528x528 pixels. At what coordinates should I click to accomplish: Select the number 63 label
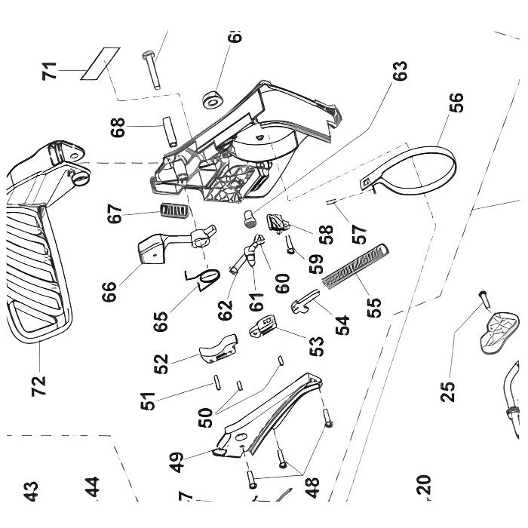(400, 72)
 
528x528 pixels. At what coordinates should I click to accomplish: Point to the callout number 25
(449, 390)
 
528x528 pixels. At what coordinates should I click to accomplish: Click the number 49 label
(177, 461)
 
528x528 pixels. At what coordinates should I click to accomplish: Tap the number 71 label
(50, 74)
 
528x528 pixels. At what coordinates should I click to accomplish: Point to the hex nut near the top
(213, 98)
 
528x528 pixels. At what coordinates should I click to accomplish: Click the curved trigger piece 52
(217, 348)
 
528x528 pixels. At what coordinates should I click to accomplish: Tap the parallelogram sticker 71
(102, 61)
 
